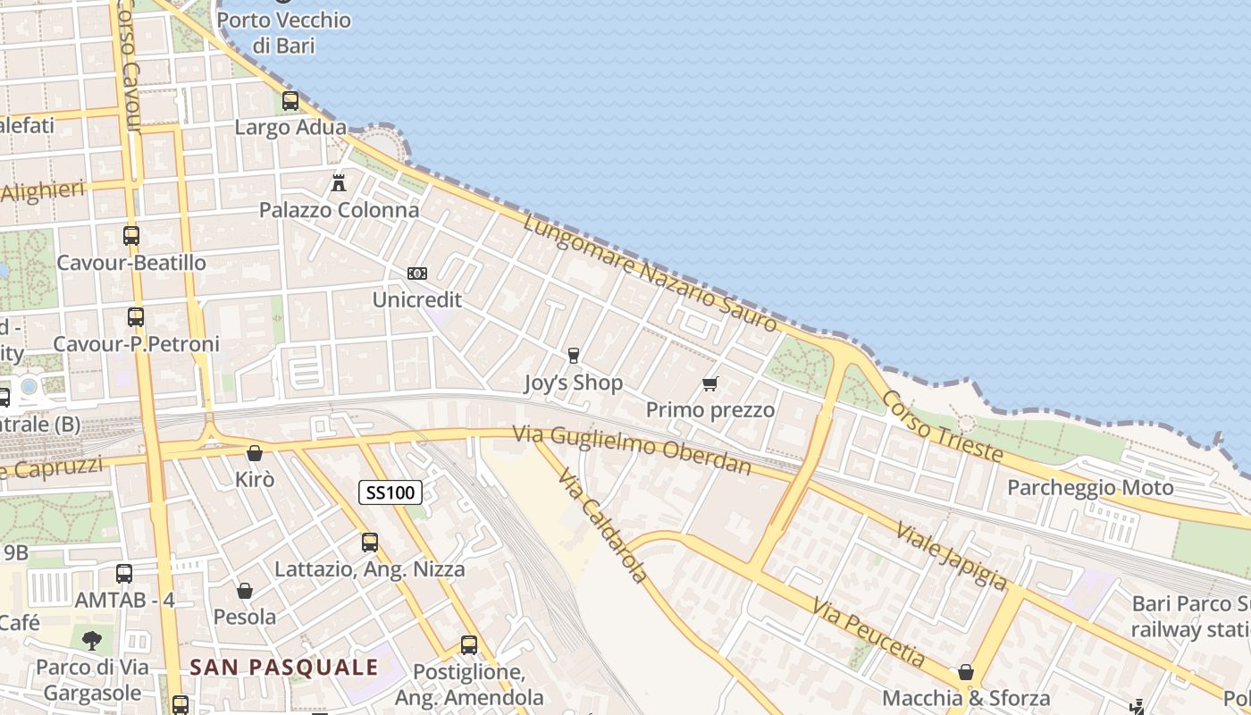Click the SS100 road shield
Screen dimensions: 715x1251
point(391,492)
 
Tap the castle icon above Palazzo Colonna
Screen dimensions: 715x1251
point(339,183)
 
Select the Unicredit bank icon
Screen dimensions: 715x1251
point(416,273)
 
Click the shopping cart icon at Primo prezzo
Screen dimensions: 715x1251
point(709,383)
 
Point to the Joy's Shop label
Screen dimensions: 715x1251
point(573,383)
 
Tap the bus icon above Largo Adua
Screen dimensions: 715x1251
point(290,101)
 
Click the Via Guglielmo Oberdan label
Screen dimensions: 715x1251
point(632,450)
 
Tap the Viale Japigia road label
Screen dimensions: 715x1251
point(950,556)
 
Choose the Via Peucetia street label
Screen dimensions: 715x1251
point(869,634)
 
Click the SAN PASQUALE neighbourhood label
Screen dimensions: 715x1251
point(284,667)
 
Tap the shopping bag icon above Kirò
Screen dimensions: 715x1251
point(255,453)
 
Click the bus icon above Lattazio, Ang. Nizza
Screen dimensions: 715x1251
point(369,542)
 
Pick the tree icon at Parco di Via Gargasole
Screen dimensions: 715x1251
point(91,640)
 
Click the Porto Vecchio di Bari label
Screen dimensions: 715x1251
point(284,32)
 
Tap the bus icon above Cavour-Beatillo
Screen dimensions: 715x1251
point(131,236)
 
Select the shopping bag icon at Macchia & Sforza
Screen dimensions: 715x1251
point(966,672)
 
